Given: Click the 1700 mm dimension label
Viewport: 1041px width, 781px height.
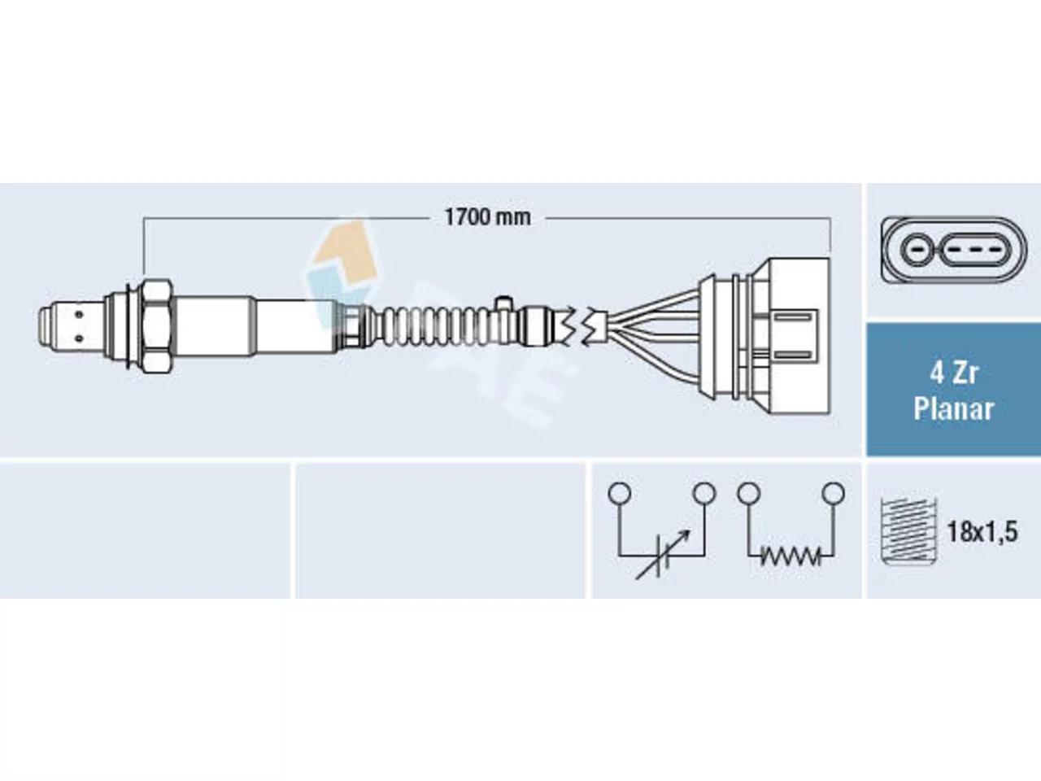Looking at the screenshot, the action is click(487, 218).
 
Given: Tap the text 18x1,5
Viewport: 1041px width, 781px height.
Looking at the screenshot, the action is click(982, 531).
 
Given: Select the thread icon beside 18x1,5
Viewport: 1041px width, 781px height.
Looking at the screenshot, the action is click(908, 531).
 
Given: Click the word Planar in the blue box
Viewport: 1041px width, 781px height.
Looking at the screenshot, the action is click(953, 409).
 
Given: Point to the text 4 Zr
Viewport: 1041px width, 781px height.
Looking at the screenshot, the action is click(953, 373).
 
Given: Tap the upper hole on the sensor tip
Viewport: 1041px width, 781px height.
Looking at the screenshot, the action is click(79, 314).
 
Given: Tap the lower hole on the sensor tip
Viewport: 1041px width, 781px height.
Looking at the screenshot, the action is click(79, 338).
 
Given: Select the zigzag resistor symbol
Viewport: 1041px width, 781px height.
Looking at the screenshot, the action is click(791, 556).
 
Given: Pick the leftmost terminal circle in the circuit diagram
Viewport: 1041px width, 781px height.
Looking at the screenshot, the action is click(620, 493).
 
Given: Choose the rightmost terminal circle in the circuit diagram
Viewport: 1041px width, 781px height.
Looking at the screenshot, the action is click(834, 493).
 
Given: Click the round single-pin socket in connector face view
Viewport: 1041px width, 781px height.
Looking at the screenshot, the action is click(917, 250).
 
